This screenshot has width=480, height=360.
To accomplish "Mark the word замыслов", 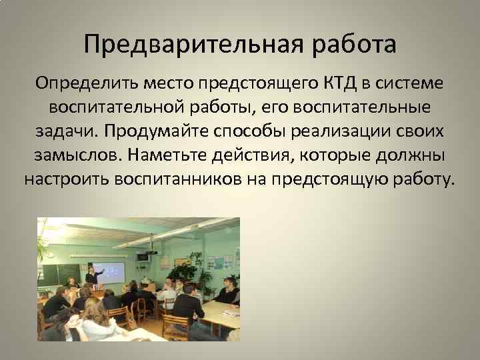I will [72, 156].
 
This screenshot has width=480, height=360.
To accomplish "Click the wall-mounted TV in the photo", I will [143, 257].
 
